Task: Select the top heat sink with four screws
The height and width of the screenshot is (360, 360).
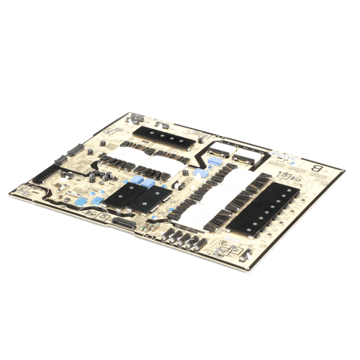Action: tap(164, 134)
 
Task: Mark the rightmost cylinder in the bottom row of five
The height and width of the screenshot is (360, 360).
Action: tap(197, 240)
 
